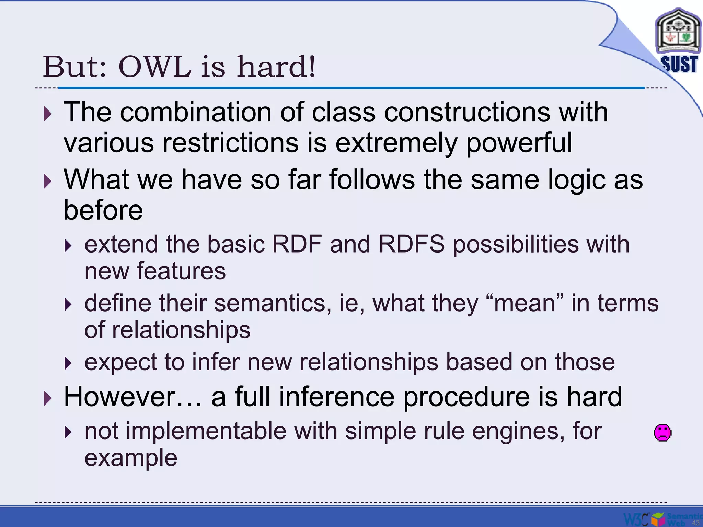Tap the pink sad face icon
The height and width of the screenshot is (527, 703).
(x=662, y=433)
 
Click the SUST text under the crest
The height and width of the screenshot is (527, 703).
(x=679, y=64)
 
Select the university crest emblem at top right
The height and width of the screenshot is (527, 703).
(x=678, y=33)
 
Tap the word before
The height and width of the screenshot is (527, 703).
(x=103, y=210)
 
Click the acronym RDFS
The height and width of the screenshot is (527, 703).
(x=411, y=244)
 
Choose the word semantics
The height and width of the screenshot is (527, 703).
(x=270, y=303)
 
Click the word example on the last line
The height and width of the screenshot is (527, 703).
(x=131, y=458)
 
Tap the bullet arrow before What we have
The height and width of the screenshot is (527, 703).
(x=48, y=181)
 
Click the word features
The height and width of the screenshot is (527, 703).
(x=181, y=271)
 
